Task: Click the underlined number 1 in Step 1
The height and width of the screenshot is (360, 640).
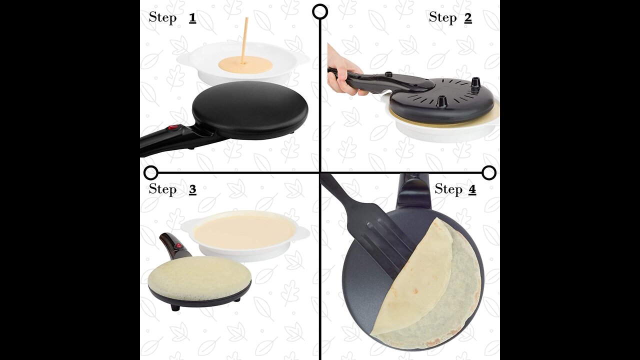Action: pos(192,18)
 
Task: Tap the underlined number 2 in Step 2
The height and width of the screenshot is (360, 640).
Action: pos(467,18)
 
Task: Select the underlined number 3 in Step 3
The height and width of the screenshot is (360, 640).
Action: pos(192,189)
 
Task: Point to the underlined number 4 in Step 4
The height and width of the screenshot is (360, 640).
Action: pos(472,189)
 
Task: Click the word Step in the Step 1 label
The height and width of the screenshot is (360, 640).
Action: pos(162,17)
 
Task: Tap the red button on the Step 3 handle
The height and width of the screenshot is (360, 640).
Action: pos(179,245)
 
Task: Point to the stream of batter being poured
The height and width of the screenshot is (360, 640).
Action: pos(44,40)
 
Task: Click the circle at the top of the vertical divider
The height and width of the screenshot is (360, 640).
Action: pos(320,11)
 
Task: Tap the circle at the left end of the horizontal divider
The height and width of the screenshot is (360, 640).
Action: pos(151,173)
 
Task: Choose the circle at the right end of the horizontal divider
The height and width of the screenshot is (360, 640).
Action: pos(489,173)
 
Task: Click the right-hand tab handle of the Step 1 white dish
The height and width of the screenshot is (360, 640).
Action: pos(302,58)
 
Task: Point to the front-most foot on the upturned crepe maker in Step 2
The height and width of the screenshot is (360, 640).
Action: pos(440,101)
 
